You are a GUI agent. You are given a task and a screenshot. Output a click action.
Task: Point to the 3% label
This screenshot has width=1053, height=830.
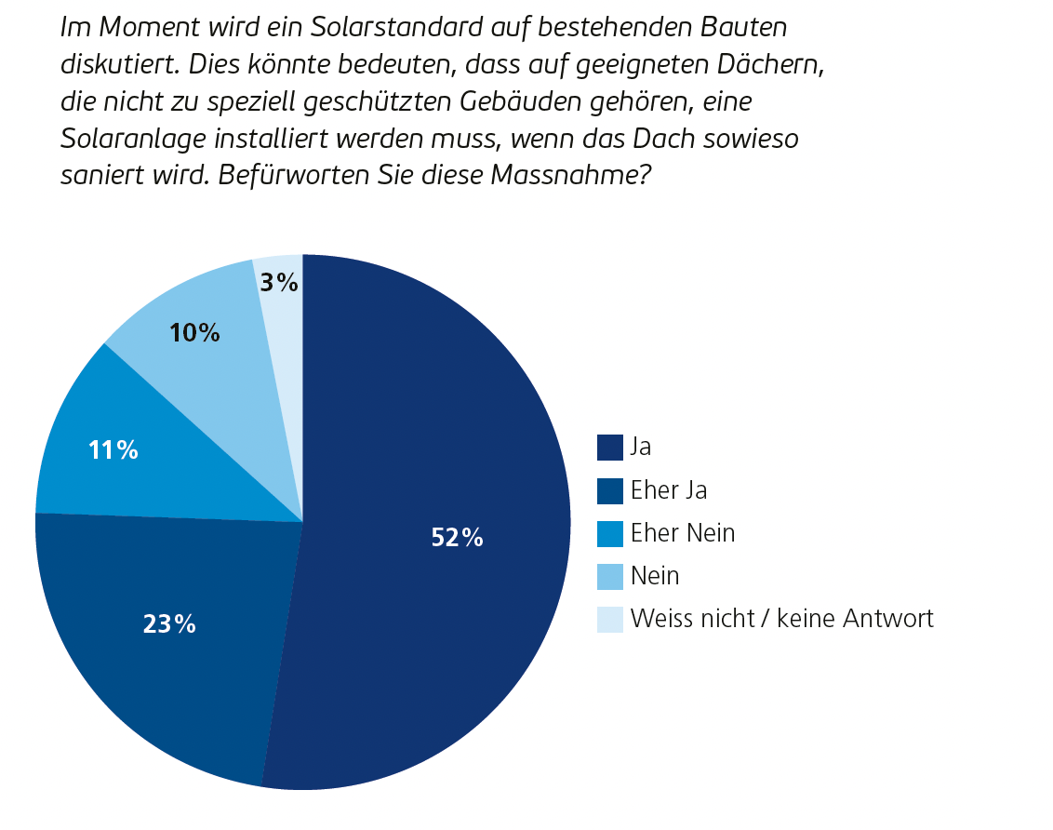coord(279,283)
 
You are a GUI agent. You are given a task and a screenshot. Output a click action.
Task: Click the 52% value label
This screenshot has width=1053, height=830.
coord(457,537)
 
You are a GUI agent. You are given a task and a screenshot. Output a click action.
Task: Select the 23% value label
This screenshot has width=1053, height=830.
coord(169,624)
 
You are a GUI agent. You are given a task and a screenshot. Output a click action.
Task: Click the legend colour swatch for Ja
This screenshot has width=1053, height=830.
coord(609,448)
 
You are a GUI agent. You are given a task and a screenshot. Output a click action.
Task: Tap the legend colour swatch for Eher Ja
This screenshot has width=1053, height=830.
coord(609,490)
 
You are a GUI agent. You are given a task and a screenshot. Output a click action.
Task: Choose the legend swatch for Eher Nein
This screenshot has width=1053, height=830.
coord(609,533)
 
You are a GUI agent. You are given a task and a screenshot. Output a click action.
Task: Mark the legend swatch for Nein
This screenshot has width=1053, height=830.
coord(609,577)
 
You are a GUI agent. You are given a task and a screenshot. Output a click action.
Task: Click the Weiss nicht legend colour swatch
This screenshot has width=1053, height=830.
coord(609,620)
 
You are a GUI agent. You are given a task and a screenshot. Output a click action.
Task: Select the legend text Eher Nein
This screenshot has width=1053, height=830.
coord(683,533)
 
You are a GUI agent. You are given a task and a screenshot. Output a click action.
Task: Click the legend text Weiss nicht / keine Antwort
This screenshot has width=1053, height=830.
coord(781,619)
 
